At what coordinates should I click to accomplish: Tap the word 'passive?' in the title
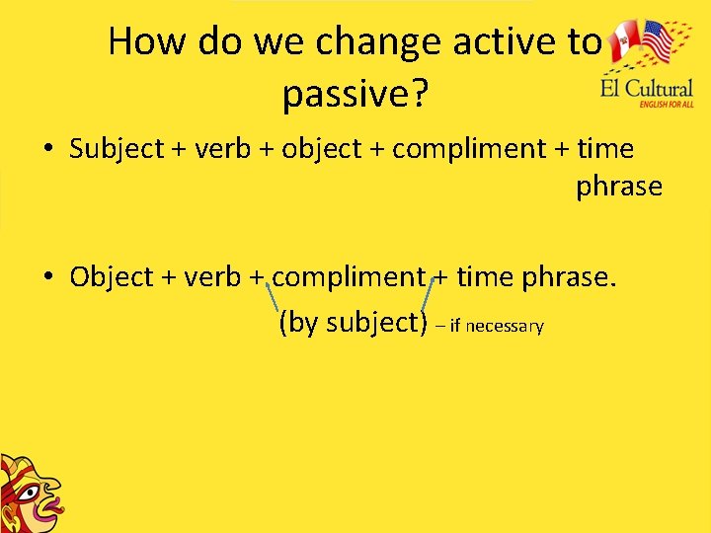click(x=355, y=95)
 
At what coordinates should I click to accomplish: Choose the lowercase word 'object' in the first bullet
click(x=322, y=149)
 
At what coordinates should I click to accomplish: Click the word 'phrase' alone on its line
click(x=619, y=187)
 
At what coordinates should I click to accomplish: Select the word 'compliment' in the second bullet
click(x=349, y=277)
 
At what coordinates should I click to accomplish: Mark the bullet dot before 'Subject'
click(x=47, y=150)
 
